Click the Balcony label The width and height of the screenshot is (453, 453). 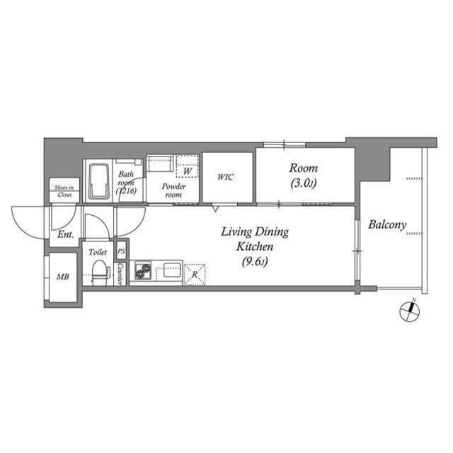[387, 226]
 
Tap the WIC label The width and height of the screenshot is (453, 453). [225, 177]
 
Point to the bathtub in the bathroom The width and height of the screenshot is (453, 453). [97, 180]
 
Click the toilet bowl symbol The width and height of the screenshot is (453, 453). [100, 270]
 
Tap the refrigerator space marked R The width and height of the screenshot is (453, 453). [195, 273]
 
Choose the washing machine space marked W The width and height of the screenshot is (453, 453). [187, 171]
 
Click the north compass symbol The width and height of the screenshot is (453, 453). [409, 311]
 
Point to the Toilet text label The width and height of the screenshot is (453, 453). [98, 251]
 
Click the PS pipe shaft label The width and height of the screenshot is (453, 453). [121, 251]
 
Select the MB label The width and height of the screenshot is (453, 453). [62, 276]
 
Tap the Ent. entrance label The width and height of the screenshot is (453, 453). [66, 234]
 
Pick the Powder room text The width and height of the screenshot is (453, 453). [173, 190]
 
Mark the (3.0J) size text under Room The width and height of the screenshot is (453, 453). [303, 185]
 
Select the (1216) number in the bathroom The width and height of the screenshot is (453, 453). [126, 191]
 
